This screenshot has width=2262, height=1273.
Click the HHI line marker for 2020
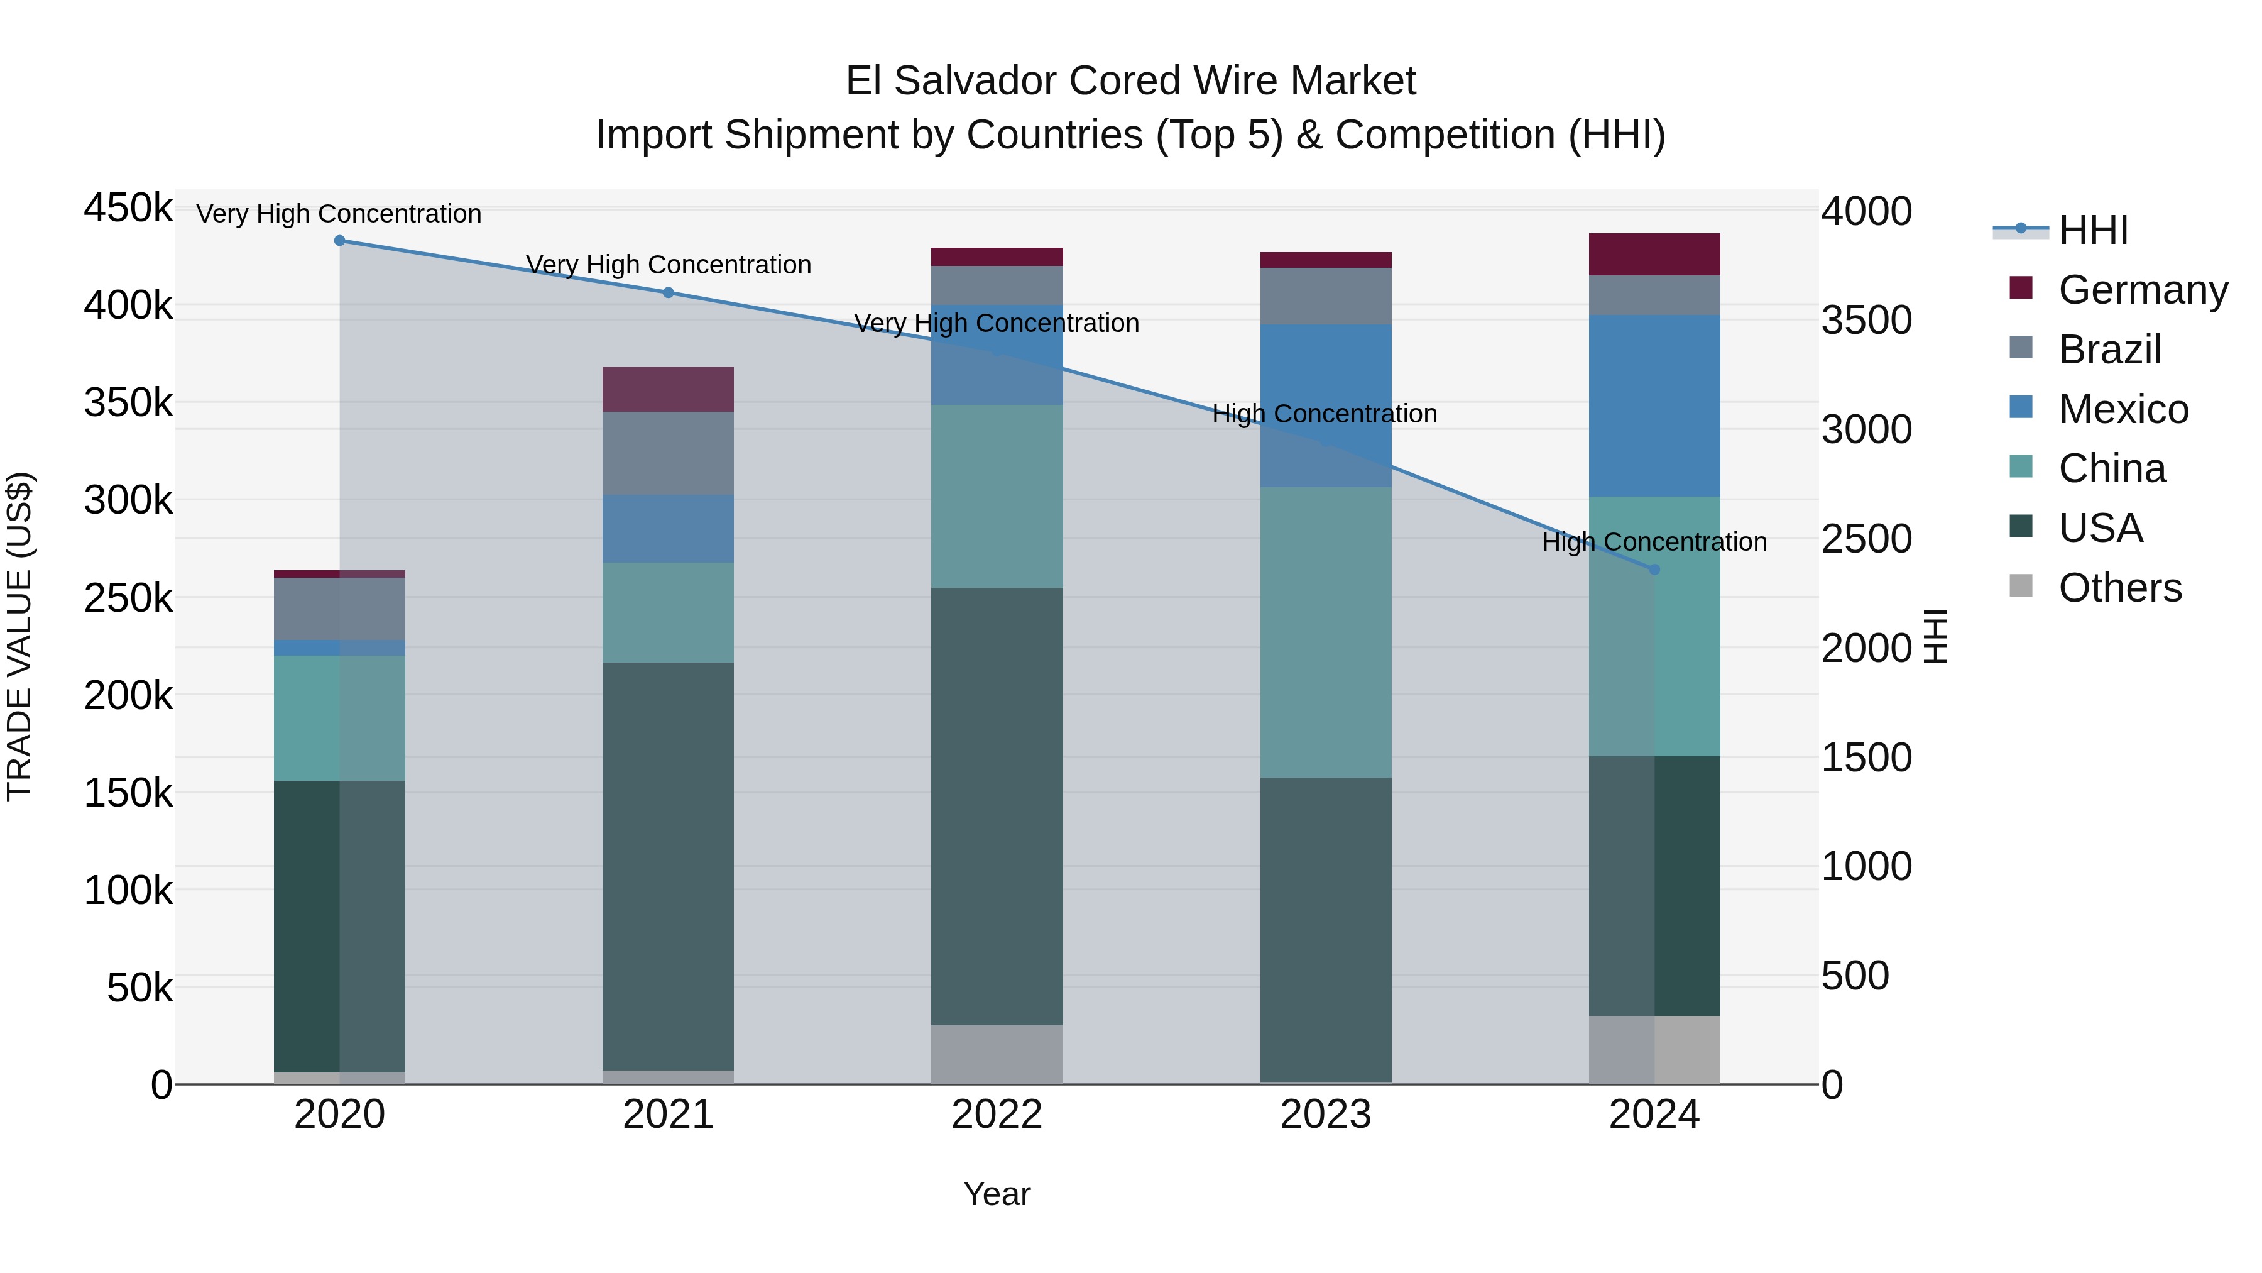340,241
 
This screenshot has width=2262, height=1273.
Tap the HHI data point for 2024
1654,570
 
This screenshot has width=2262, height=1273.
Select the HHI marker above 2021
669,292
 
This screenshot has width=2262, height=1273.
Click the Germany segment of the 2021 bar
669,389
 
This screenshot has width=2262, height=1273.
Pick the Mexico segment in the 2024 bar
1654,406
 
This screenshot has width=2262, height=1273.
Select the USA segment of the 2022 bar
997,806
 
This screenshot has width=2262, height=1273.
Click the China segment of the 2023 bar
1326,632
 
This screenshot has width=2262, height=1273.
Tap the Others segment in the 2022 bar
997,1054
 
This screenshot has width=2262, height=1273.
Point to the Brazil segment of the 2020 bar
340,609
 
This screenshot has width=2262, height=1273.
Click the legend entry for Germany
2142,290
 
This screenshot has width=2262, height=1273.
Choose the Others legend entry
2119,588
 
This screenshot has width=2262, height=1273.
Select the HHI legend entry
2092,230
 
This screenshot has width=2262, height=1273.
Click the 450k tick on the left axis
128,209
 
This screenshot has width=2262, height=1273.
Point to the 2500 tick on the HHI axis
1866,539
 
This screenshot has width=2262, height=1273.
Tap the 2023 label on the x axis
1326,1115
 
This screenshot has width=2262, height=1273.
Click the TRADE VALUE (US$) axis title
20,636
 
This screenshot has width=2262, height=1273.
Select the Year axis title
997,1194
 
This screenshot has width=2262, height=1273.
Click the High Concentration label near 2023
1324,414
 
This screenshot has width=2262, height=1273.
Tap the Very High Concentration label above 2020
339,214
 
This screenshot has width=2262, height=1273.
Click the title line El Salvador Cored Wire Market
1130,81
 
